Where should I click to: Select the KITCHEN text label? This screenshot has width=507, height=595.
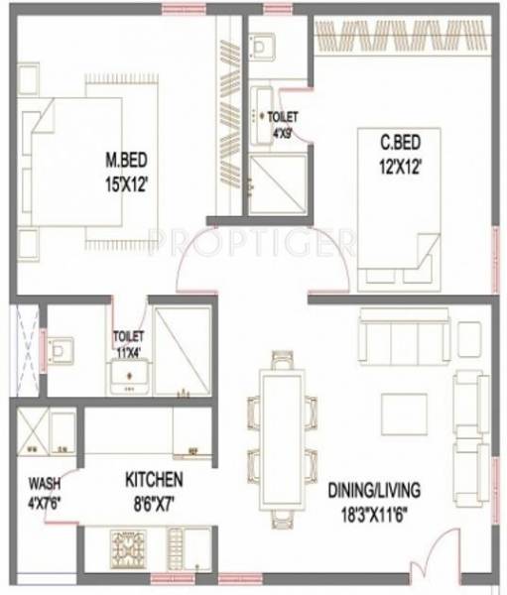[x=154, y=480]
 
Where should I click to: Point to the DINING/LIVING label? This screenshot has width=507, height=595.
[x=375, y=490]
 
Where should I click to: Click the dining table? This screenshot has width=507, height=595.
[x=282, y=432]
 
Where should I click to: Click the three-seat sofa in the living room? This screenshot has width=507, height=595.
[x=405, y=337]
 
